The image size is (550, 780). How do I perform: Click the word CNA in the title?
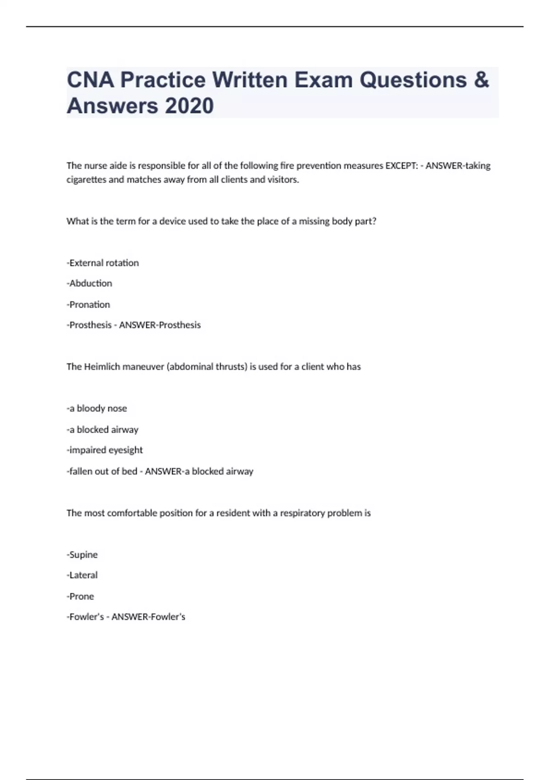[90, 79]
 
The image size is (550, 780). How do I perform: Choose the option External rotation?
[103, 263]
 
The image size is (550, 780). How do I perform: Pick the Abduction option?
[90, 284]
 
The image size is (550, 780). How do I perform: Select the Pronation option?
[89, 305]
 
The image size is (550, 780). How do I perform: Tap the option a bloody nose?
[97, 408]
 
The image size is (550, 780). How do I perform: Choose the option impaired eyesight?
[105, 450]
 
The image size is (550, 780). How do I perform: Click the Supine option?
[82, 555]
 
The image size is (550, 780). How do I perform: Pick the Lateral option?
[82, 575]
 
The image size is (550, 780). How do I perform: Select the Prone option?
[81, 596]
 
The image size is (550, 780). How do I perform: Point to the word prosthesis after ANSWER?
[179, 325]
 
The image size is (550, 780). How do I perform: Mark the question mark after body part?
[374, 221]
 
